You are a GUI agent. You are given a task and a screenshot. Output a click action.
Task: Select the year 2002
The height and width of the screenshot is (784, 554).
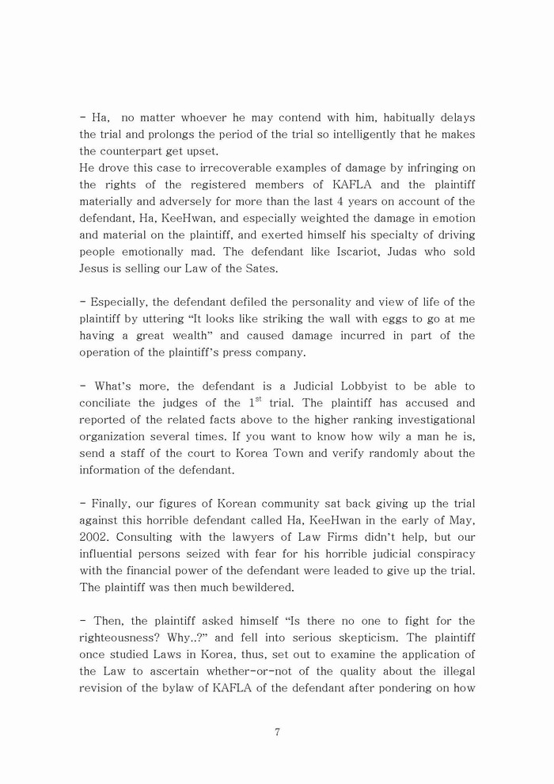(97, 537)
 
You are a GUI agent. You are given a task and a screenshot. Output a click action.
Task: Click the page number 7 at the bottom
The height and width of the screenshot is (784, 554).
(277, 732)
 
